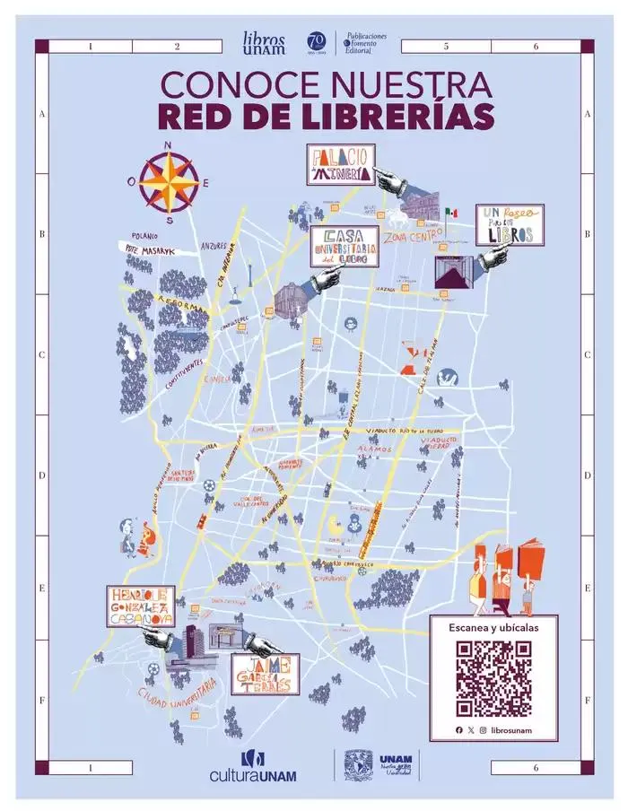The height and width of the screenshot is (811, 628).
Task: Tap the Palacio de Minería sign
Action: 341,164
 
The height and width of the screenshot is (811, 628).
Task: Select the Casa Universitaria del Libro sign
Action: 345,245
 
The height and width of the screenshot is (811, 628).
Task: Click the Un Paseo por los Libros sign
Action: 510,224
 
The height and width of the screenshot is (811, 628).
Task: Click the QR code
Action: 493,678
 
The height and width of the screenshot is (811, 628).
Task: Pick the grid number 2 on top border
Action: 177,47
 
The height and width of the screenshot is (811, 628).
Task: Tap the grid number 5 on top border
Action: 446,47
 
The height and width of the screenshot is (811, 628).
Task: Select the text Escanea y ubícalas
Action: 493,628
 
